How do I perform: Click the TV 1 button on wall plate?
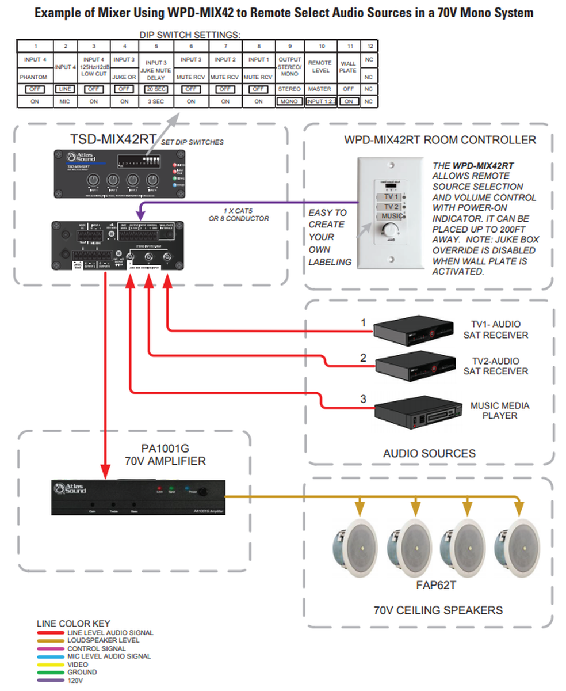[391, 196]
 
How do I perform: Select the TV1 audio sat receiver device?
[412, 331]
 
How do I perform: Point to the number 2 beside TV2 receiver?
[363, 358]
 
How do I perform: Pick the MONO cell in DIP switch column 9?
[290, 101]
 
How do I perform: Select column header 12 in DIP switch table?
[370, 45]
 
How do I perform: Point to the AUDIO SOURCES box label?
[429, 454]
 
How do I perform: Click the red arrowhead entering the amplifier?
[105, 471]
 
